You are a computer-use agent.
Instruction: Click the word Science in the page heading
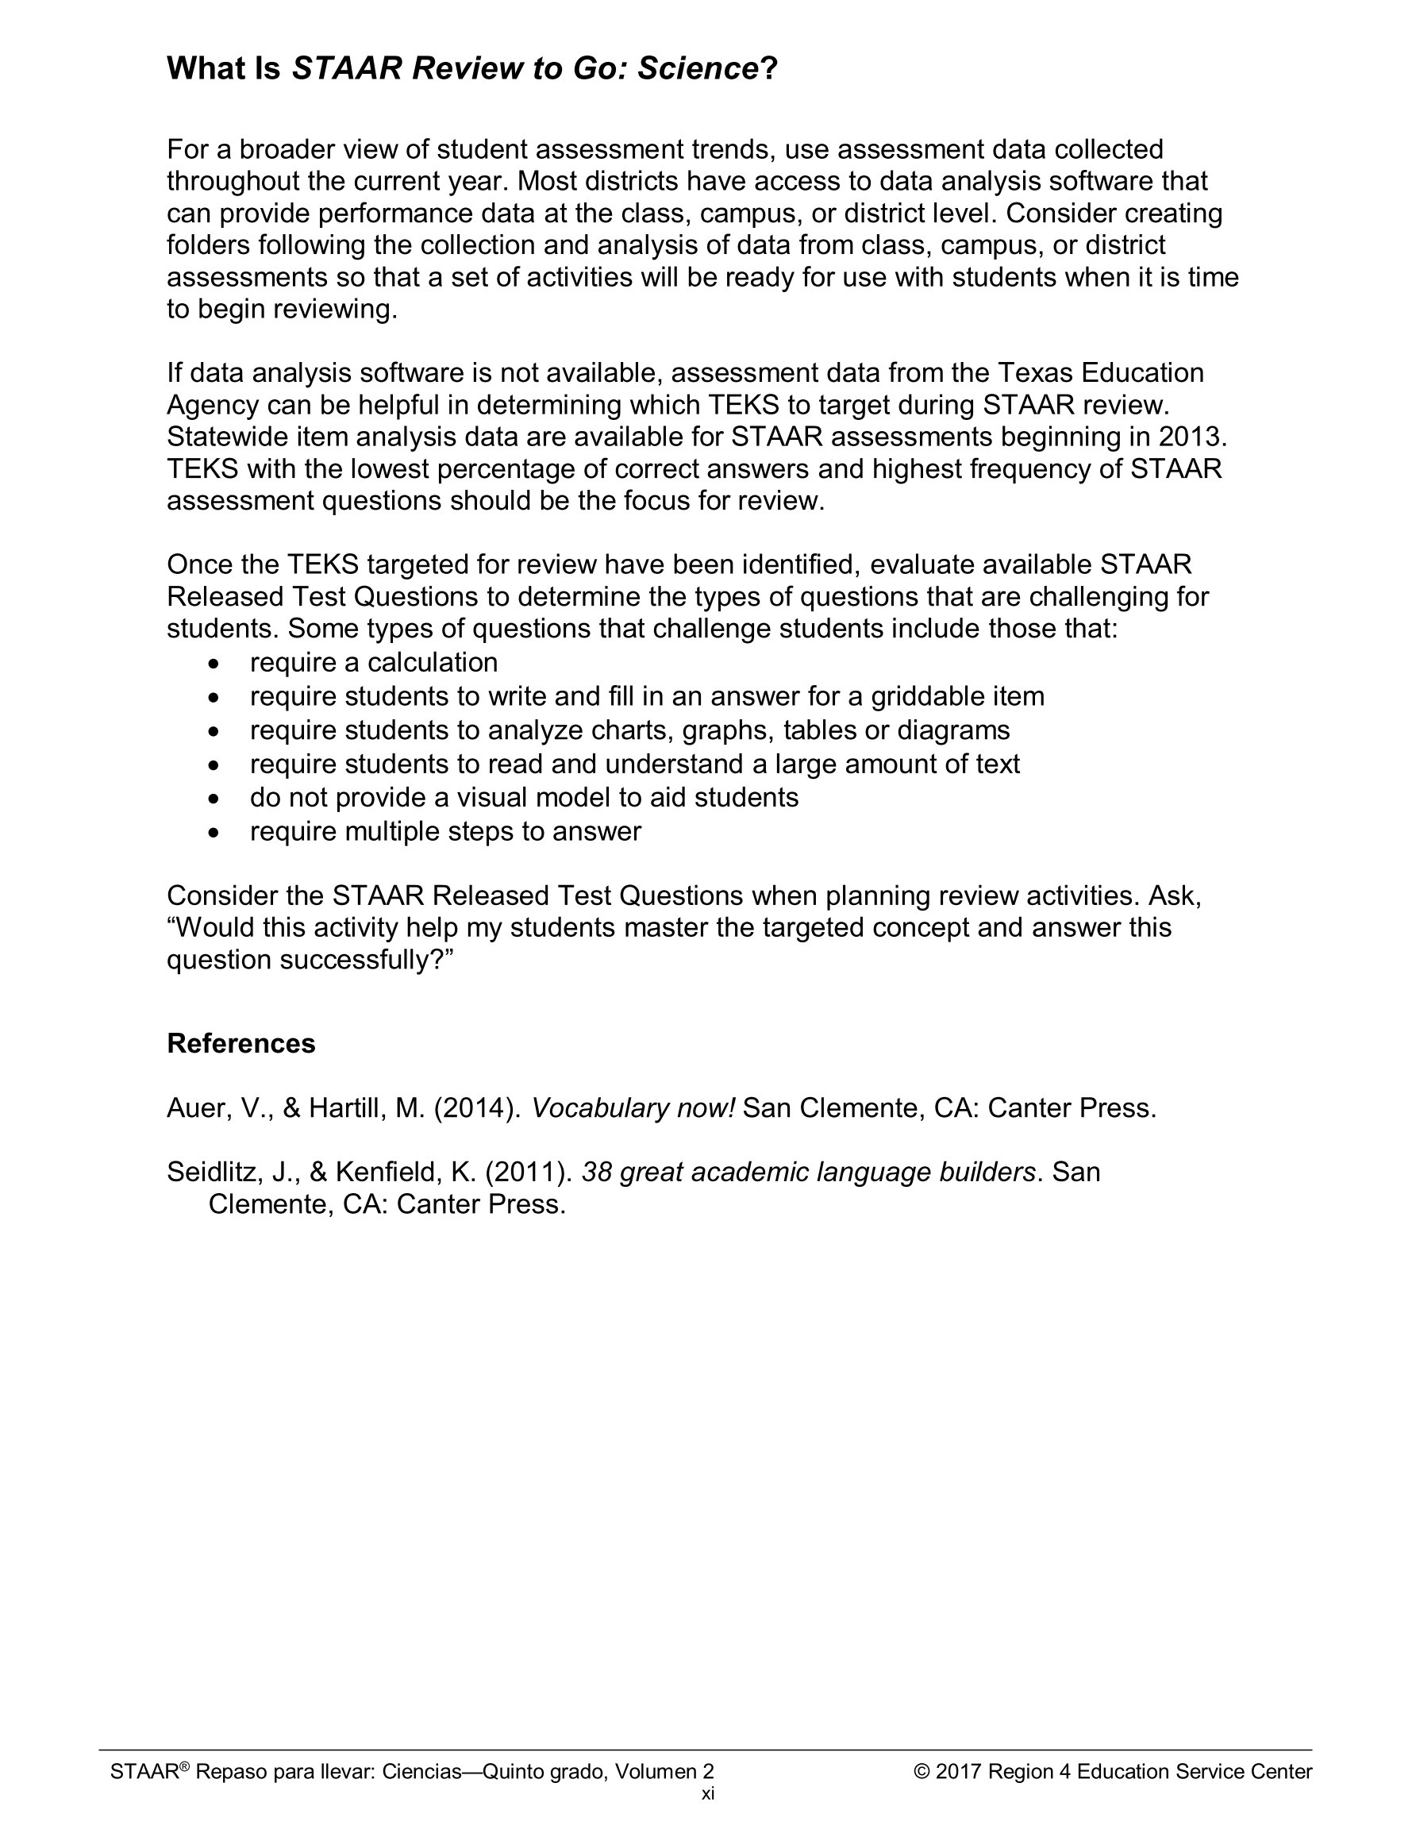[x=698, y=68]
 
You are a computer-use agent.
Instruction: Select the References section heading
[x=241, y=1043]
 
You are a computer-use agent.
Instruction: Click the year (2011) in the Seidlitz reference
[x=529, y=1172]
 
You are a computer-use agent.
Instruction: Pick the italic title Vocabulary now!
[x=633, y=1109]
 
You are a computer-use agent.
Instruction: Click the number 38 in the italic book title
[x=596, y=1172]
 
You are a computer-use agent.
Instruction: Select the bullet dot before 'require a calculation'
[x=216, y=664]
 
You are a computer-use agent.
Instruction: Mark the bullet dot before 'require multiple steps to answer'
[x=216, y=833]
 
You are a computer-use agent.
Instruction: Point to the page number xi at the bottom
[x=707, y=1793]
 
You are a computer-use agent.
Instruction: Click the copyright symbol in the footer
[x=922, y=1772]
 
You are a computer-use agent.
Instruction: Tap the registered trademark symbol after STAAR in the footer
[x=185, y=1766]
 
